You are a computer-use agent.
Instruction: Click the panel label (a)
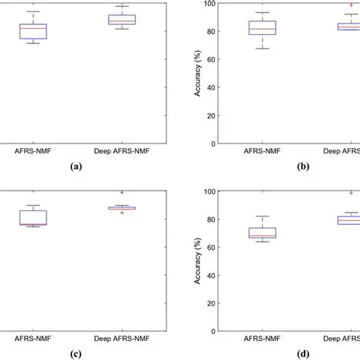pos(76,165)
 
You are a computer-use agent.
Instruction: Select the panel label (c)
pos(76,353)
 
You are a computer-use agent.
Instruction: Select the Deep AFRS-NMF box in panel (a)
pos(122,20)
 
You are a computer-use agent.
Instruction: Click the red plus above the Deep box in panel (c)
pos(122,192)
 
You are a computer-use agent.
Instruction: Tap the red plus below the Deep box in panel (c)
pos(122,213)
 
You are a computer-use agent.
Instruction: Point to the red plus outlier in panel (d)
pos(352,193)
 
